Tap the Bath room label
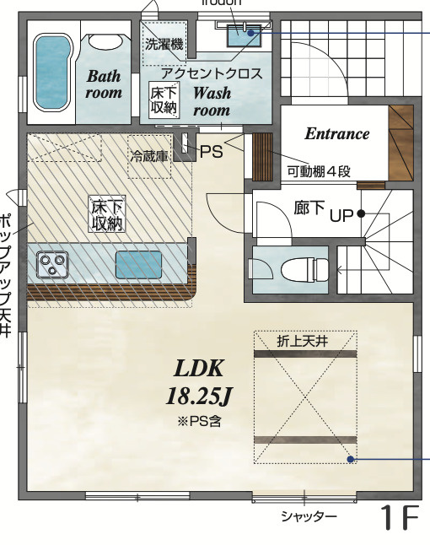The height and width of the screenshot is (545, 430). [104, 84]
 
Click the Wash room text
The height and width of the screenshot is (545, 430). [212, 101]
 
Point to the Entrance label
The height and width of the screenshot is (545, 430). [336, 133]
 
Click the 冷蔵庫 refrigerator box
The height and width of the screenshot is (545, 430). [148, 156]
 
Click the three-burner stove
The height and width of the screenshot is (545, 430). [52, 266]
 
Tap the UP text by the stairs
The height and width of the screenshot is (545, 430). [341, 214]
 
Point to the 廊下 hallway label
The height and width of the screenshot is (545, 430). [309, 208]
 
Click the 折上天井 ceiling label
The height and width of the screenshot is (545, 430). [304, 342]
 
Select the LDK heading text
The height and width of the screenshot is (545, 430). [198, 369]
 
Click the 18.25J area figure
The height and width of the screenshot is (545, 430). [198, 396]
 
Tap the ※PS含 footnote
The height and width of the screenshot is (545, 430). [199, 419]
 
